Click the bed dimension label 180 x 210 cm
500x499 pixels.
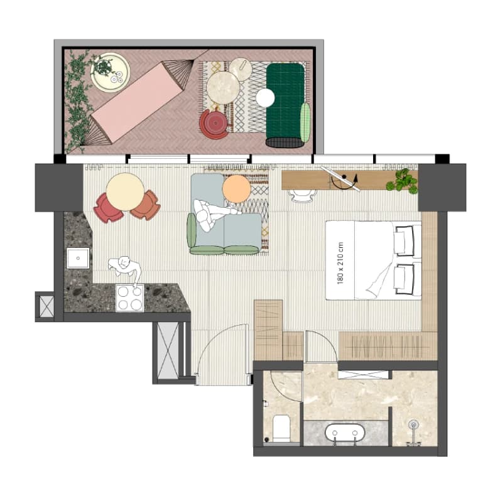(340, 263)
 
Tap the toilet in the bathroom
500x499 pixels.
(281, 428)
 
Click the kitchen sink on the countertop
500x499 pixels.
(78, 259)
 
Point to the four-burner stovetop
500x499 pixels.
(130, 298)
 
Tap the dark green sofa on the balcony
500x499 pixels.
(285, 105)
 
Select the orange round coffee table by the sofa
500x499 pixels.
(236, 189)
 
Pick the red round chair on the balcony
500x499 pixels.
(214, 124)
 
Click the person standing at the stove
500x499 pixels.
(126, 269)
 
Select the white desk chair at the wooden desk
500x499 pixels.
(302, 196)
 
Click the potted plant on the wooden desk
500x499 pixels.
(402, 181)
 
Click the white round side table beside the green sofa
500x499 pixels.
(265, 97)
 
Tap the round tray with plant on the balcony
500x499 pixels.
(111, 72)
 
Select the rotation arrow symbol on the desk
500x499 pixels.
(344, 182)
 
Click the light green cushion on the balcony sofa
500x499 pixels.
(305, 122)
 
